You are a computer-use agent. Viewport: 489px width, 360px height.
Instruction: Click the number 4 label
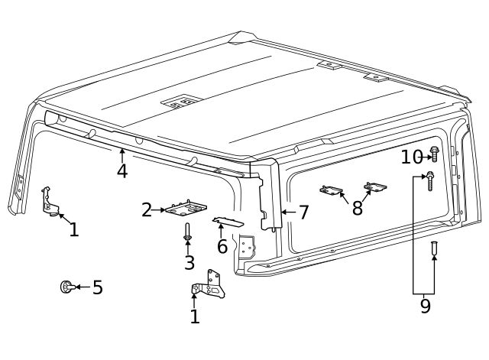[121, 171]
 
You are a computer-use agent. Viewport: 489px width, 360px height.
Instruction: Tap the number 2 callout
[147, 209]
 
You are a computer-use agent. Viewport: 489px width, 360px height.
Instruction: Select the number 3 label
[189, 263]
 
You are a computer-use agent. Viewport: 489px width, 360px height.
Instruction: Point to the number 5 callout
[97, 288]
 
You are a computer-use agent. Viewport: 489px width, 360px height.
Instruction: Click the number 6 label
[222, 246]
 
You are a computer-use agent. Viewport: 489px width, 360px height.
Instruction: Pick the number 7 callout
[303, 212]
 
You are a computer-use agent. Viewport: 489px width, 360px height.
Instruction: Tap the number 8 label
[357, 208]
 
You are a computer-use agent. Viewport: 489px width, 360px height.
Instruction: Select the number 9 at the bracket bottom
[425, 306]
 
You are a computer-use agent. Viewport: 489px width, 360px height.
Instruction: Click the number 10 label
[411, 157]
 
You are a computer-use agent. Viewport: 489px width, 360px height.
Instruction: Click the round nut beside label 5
[66, 287]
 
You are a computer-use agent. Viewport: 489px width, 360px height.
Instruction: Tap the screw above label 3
[188, 232]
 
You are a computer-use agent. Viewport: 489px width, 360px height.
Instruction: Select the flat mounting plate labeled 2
[187, 207]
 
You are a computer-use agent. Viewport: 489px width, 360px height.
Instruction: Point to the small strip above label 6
[228, 222]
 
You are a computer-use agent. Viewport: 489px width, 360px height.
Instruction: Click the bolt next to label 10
[434, 154]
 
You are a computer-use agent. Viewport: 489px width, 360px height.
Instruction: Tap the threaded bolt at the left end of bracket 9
[430, 181]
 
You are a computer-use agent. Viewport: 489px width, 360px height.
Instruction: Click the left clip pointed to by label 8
[332, 190]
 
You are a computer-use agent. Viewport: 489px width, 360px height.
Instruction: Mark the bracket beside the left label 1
[49, 202]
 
